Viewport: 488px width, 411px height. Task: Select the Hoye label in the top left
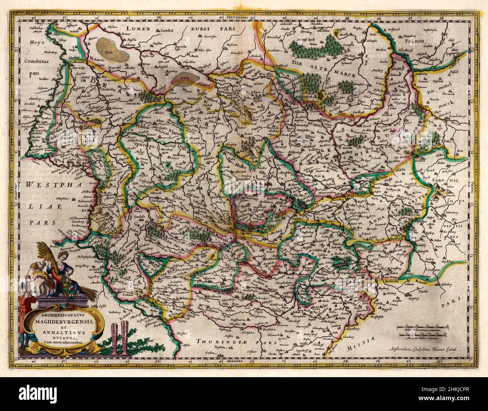[36, 43]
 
